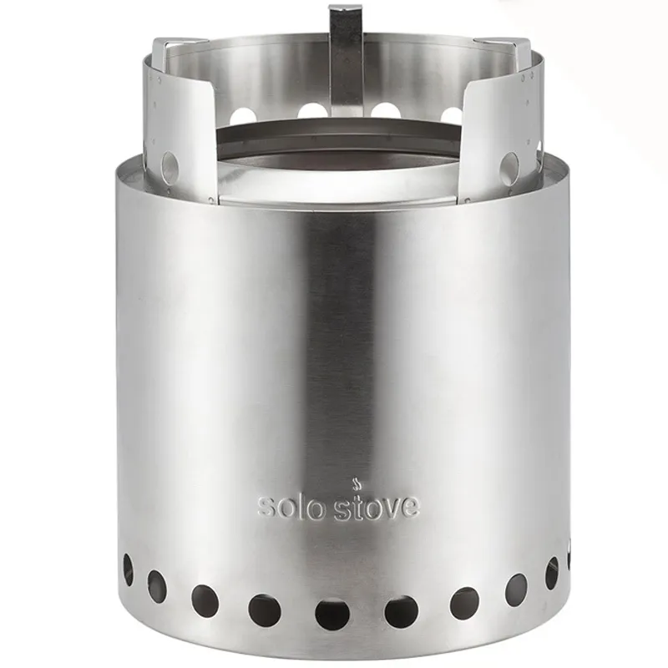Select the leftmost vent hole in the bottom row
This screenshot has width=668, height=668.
pyautogui.click(x=128, y=569)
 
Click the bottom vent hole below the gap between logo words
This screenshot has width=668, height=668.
pyautogui.click(x=331, y=614)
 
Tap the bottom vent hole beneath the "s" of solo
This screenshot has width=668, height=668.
pyautogui.click(x=264, y=610)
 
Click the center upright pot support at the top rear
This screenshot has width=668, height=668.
pyautogui.click(x=346, y=58)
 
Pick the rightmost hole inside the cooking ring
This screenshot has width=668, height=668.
pyautogui.click(x=452, y=115)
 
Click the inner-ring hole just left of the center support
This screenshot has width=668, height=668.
pyautogui.click(x=311, y=110)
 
